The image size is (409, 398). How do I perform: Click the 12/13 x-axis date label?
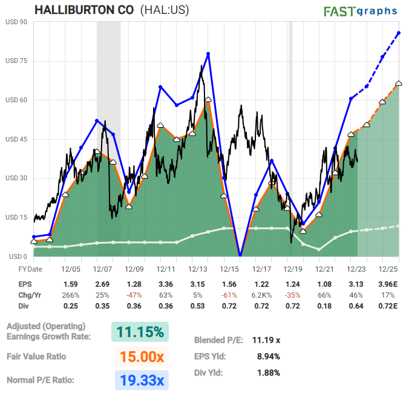(198, 269)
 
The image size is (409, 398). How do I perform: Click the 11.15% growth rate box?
(139, 332)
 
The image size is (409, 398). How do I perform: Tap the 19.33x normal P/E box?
(139, 381)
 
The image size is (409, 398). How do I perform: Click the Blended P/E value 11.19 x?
(267, 340)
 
